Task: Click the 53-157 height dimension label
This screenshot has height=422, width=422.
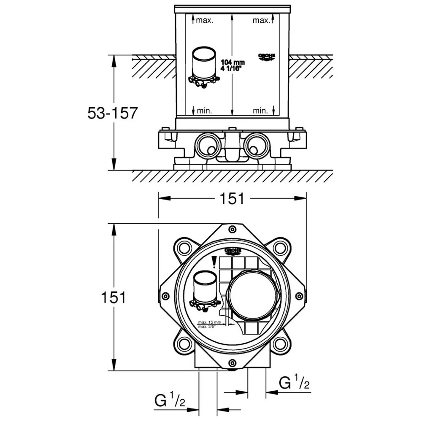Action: click(x=112, y=113)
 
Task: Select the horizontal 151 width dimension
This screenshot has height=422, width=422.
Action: click(x=232, y=198)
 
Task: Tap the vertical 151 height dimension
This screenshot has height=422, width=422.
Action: click(x=114, y=297)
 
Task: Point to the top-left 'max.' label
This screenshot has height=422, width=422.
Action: click(x=205, y=20)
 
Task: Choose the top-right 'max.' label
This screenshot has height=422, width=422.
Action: click(x=261, y=20)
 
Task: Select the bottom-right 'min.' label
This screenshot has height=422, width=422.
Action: click(x=260, y=111)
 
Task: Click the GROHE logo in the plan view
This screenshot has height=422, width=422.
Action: click(x=233, y=251)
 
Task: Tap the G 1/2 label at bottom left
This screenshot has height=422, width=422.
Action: click(x=170, y=400)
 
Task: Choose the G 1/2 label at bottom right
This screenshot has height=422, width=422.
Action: click(x=295, y=383)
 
